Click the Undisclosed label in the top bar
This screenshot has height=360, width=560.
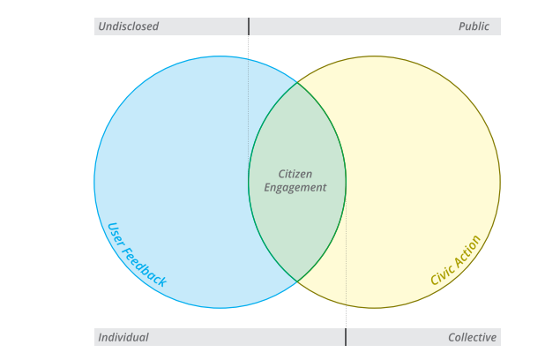click(129, 26)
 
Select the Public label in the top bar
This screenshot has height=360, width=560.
click(474, 26)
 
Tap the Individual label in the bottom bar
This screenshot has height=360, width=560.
click(123, 337)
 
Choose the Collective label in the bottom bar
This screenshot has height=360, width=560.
click(472, 337)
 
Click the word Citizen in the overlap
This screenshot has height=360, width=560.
click(295, 174)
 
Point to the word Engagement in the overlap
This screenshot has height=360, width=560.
click(295, 188)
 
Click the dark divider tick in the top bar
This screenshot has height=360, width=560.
click(249, 26)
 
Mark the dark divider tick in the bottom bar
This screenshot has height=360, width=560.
click(346, 337)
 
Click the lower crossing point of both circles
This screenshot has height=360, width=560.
click(297, 281)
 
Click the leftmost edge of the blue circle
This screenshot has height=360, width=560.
click(94, 182)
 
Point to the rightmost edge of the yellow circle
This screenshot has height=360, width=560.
click(500, 182)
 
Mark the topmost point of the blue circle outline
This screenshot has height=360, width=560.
click(220, 56)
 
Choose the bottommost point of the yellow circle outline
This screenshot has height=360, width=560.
click(374, 308)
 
